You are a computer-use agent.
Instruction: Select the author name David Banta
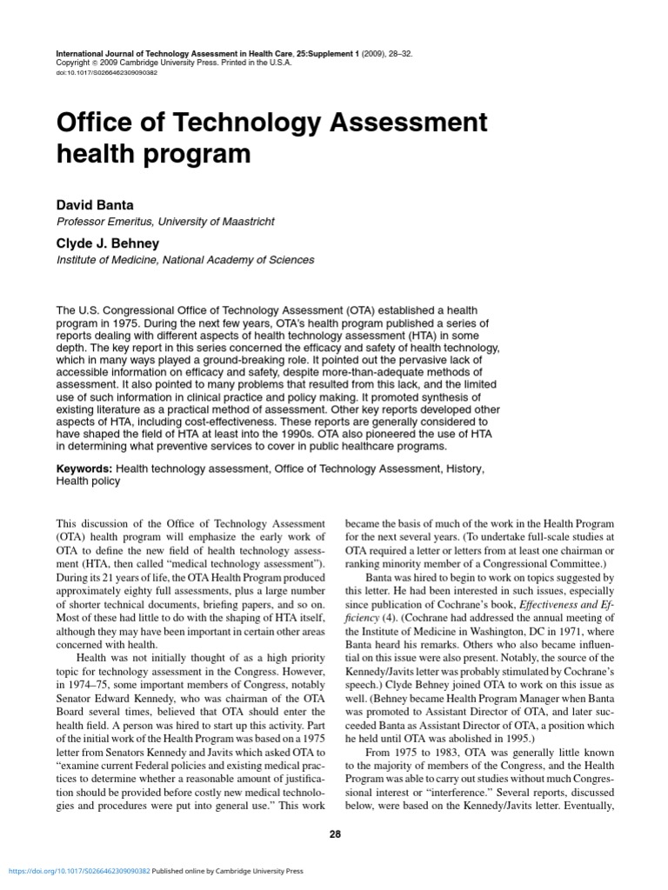point(95,205)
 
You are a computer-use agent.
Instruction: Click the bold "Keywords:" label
point(84,468)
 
